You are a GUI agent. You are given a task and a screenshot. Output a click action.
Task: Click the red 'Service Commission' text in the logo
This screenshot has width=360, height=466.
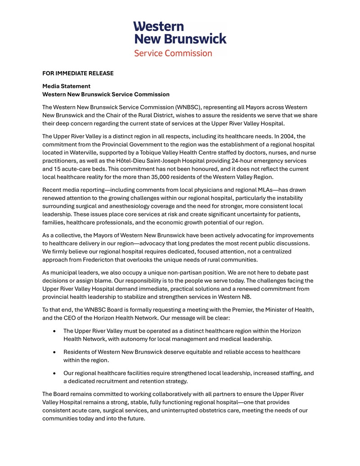173,53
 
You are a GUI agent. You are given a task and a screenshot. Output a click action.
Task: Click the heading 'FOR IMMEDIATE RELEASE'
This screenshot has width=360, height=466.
78,73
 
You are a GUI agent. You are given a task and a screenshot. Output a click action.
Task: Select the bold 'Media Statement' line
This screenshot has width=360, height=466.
66,86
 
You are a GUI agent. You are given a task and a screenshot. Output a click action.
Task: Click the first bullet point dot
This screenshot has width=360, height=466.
54,331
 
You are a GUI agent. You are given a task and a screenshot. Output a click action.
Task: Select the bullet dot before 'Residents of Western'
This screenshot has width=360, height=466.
54,352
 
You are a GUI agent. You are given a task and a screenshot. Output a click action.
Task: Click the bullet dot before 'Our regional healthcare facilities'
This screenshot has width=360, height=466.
54,373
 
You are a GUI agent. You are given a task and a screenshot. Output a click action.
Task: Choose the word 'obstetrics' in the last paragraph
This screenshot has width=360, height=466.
234,411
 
